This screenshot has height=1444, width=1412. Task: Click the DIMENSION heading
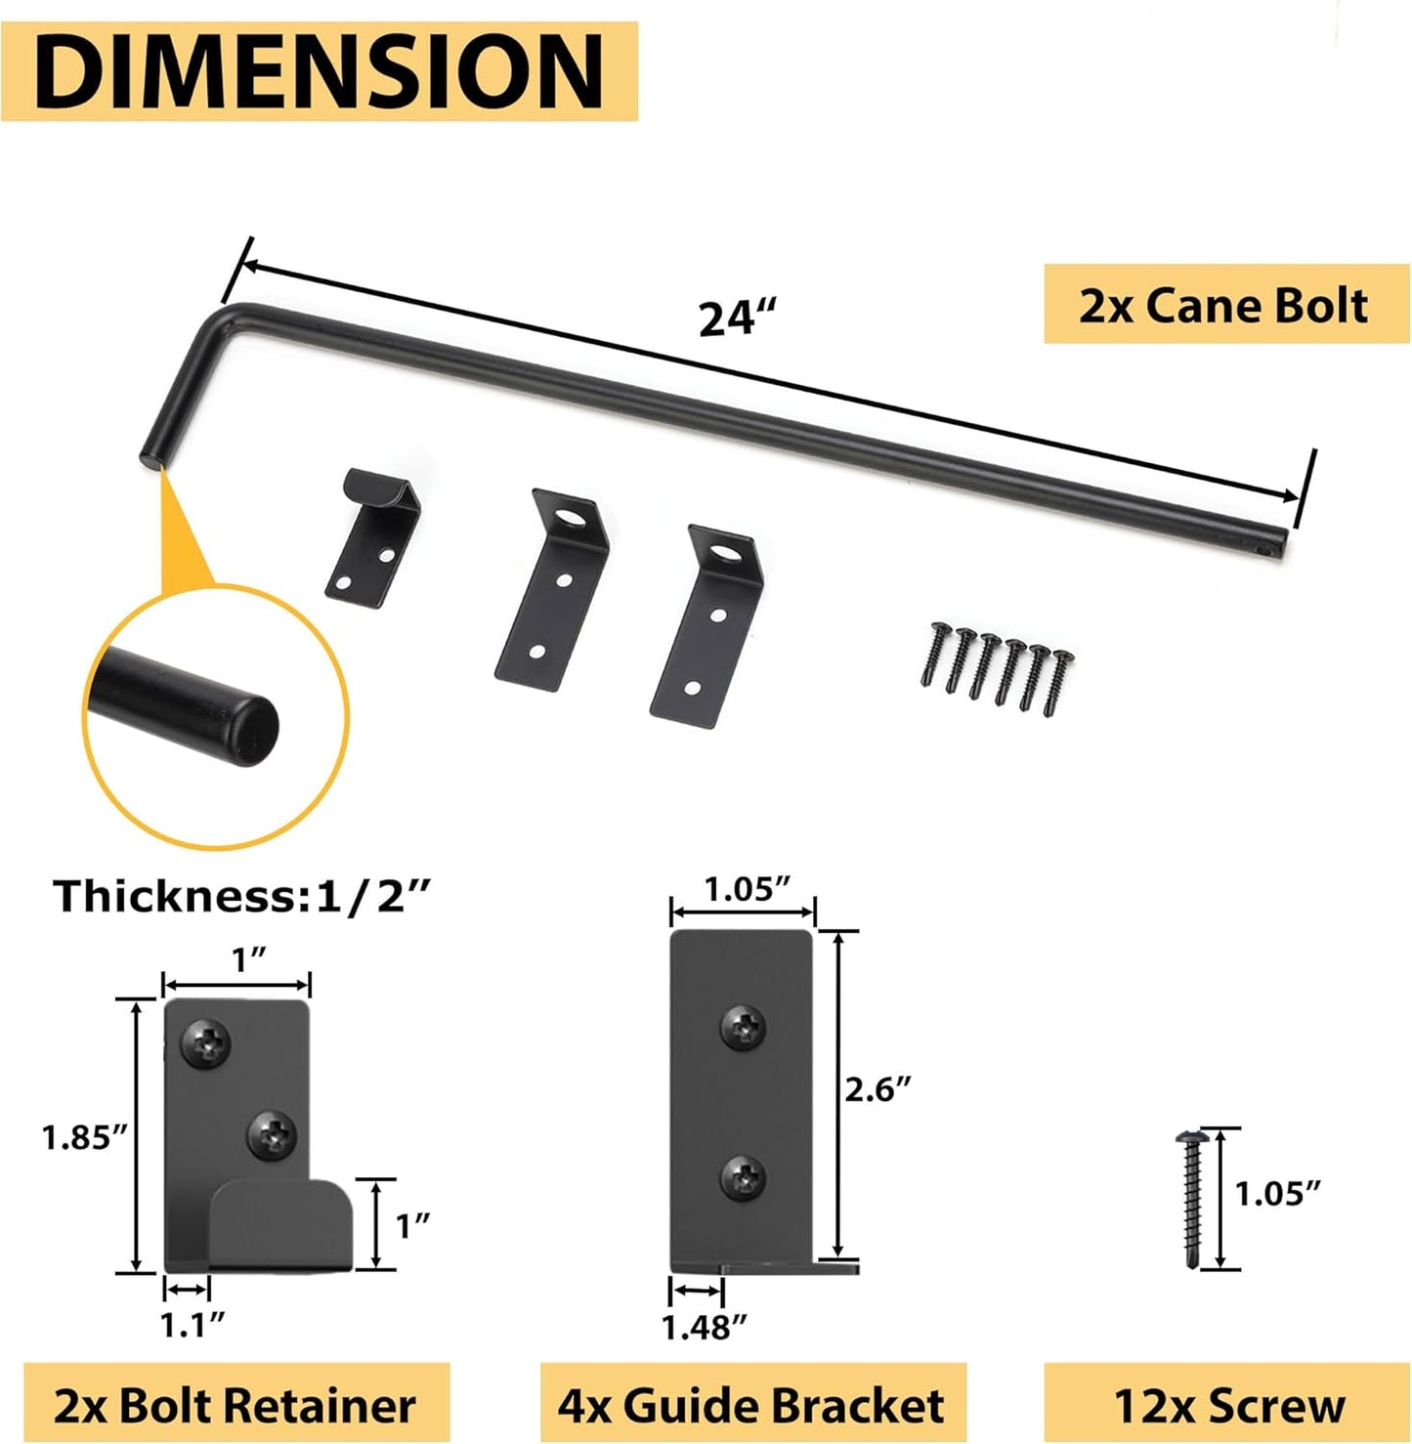(x=319, y=71)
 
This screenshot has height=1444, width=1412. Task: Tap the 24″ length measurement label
(x=737, y=319)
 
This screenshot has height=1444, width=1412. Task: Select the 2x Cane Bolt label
(x=1225, y=305)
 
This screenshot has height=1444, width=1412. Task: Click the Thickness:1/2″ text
(x=241, y=896)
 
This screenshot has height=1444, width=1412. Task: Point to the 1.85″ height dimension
(x=85, y=1137)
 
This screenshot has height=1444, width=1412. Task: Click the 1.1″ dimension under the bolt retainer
(x=192, y=1325)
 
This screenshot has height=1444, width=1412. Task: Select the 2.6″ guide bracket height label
(x=877, y=1089)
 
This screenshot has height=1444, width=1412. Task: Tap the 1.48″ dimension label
(x=704, y=1327)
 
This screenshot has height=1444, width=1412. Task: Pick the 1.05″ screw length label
(x=1277, y=1193)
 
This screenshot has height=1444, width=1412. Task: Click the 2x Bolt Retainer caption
(x=235, y=1406)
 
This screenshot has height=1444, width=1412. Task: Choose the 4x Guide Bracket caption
(x=751, y=1406)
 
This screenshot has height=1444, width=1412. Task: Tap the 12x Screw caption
(x=1228, y=1406)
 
